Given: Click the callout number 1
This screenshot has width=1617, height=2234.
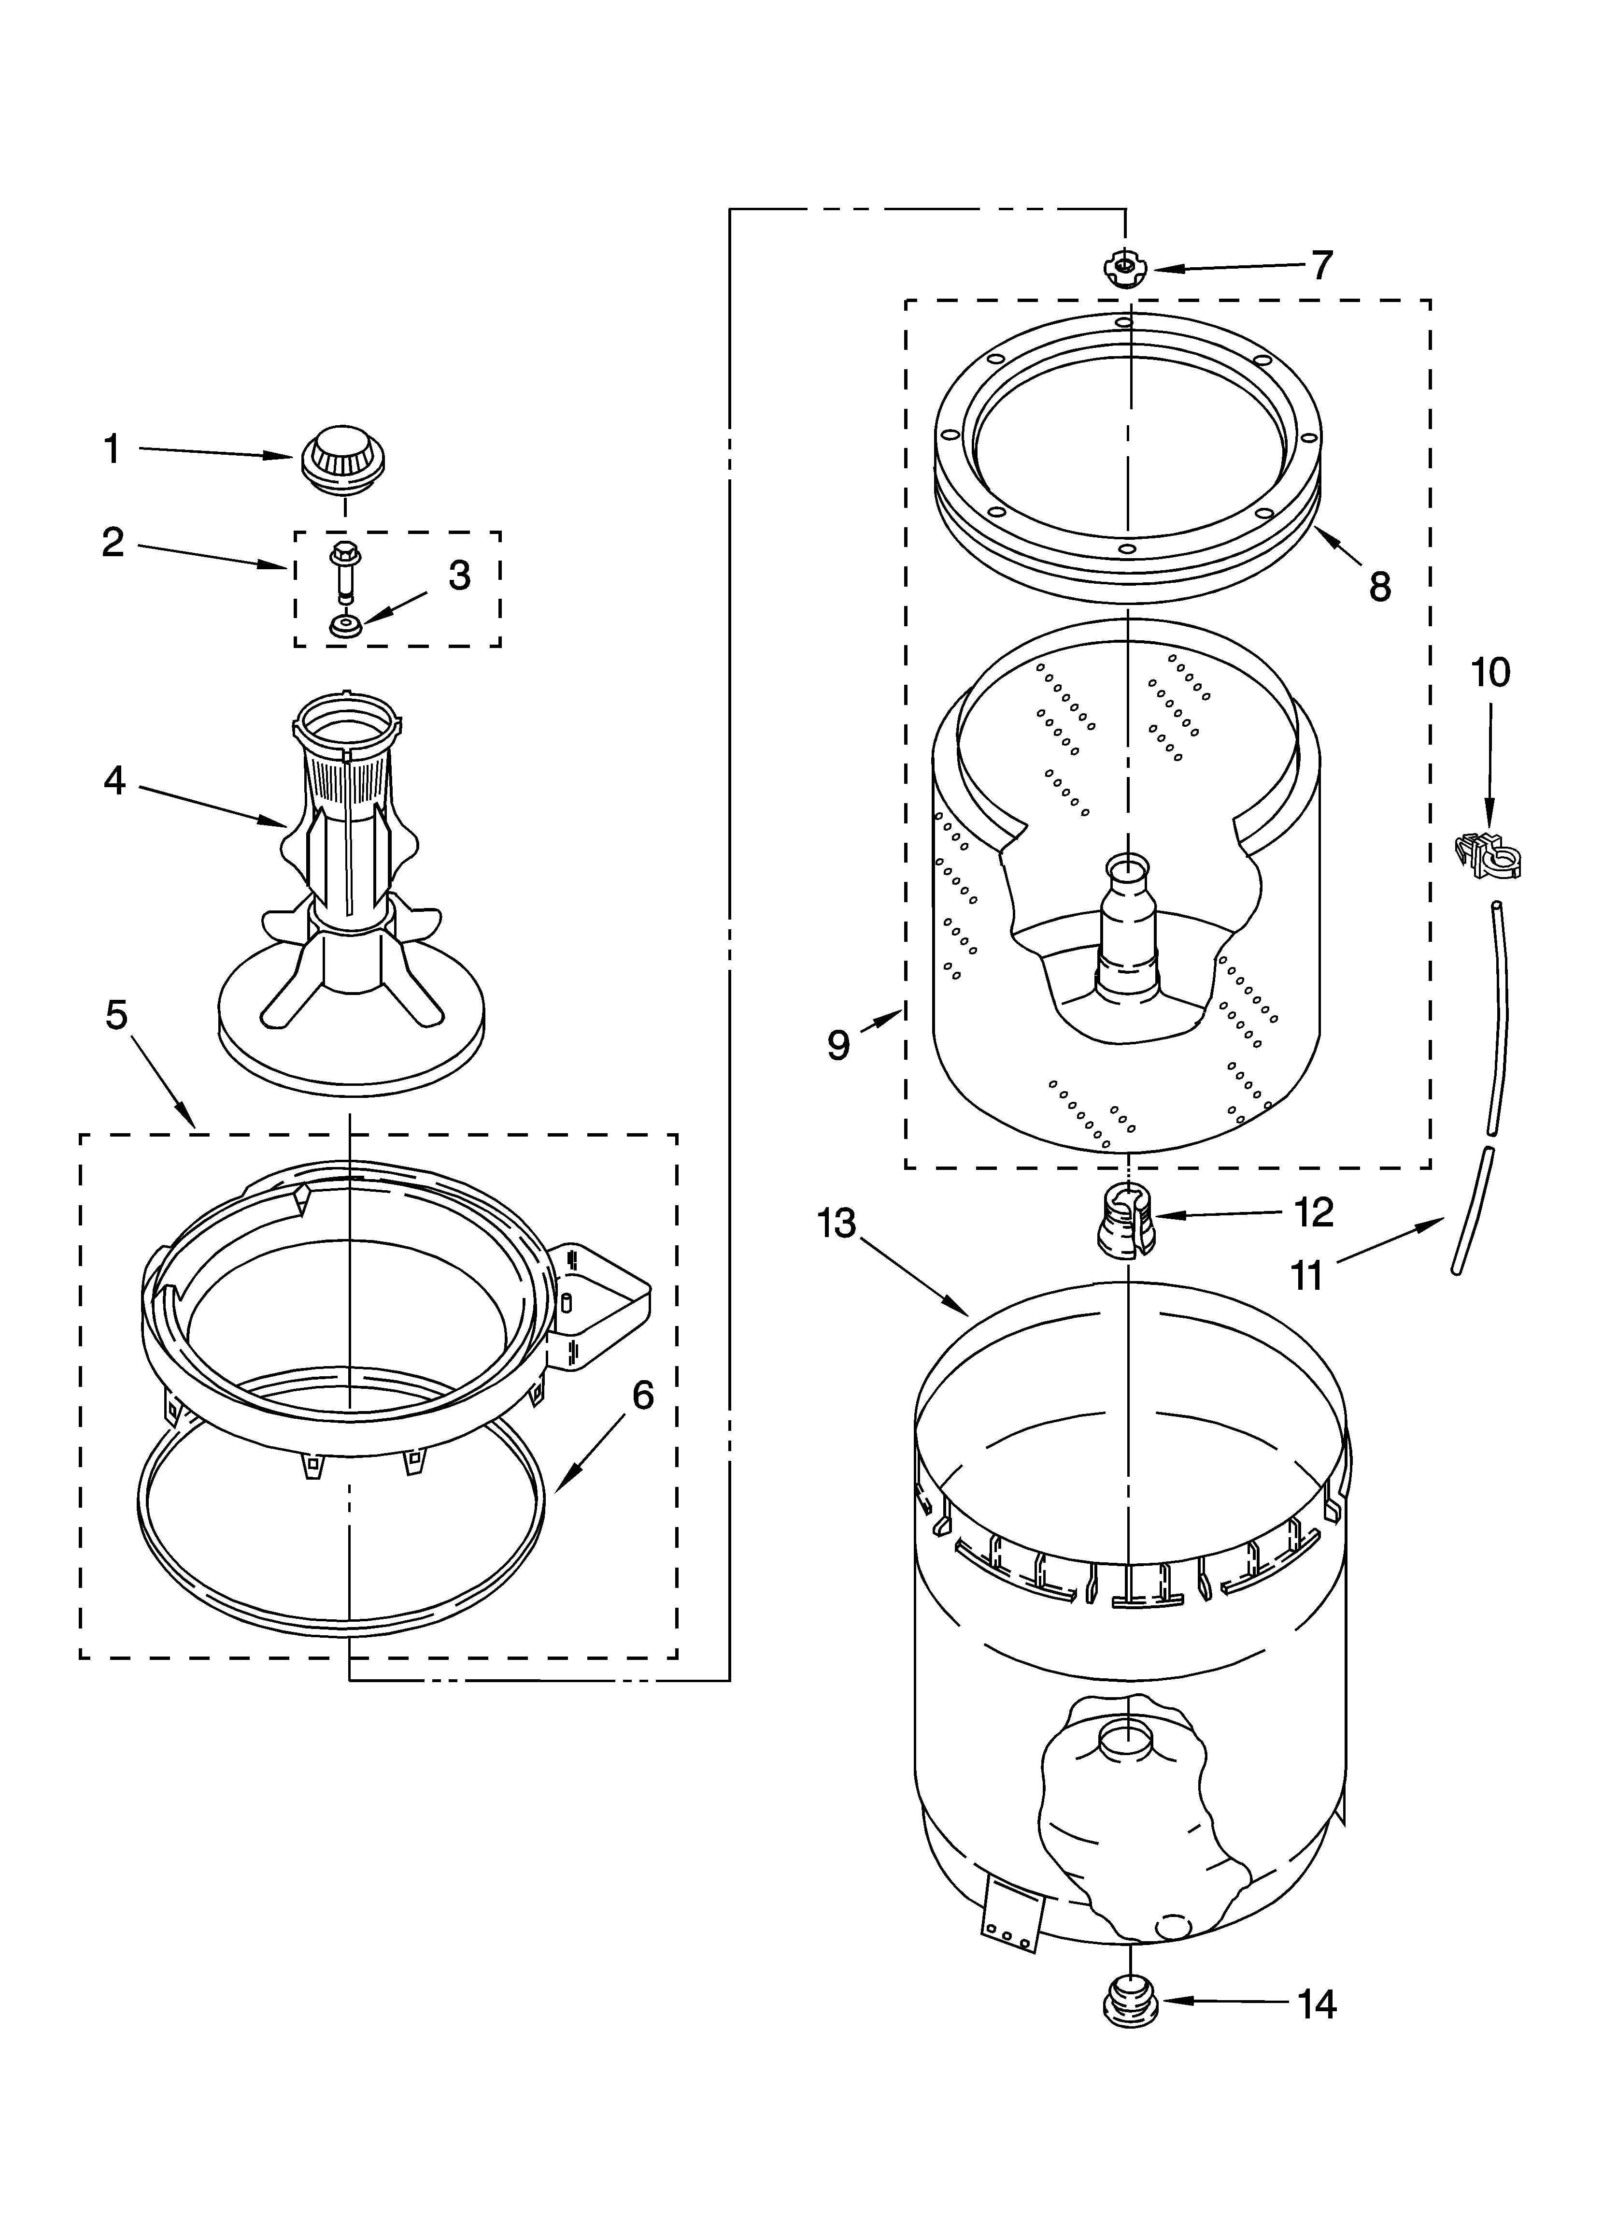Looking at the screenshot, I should point(112,449).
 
